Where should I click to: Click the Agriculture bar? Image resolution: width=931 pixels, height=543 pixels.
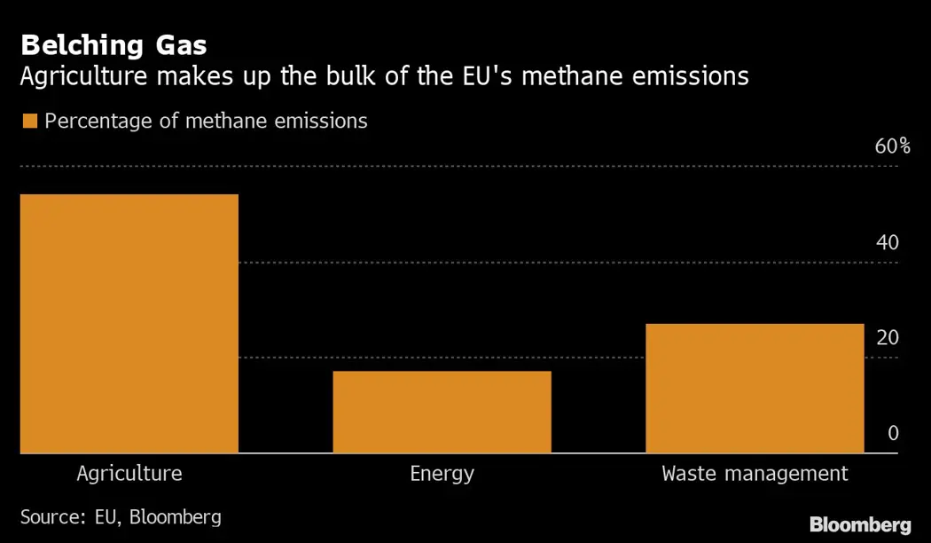click(x=129, y=324)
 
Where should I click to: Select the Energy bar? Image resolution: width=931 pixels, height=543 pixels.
click(x=442, y=412)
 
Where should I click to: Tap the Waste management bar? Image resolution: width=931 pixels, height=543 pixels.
click(x=755, y=389)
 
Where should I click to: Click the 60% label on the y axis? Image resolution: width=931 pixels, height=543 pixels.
click(x=892, y=147)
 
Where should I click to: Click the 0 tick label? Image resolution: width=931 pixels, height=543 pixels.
click(x=893, y=433)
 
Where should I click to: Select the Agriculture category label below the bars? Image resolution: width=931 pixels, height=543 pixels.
click(x=129, y=473)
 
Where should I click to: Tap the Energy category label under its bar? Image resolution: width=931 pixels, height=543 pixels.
click(x=442, y=474)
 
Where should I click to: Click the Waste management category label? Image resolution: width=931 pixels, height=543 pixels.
click(x=755, y=473)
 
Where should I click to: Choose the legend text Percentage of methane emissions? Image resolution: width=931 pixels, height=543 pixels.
click(x=206, y=121)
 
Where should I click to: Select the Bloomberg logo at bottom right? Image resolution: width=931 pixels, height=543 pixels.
click(x=860, y=524)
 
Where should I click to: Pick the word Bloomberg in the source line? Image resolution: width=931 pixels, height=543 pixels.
click(x=176, y=516)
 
